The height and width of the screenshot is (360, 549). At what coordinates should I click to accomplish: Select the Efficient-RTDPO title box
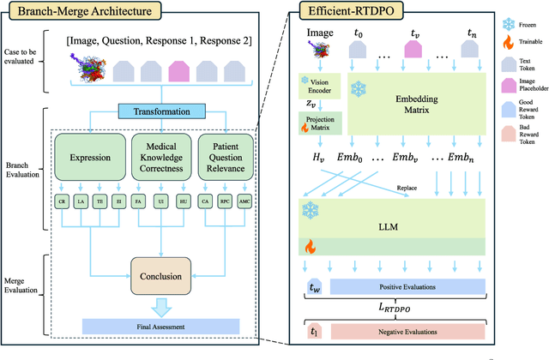(359, 13)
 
